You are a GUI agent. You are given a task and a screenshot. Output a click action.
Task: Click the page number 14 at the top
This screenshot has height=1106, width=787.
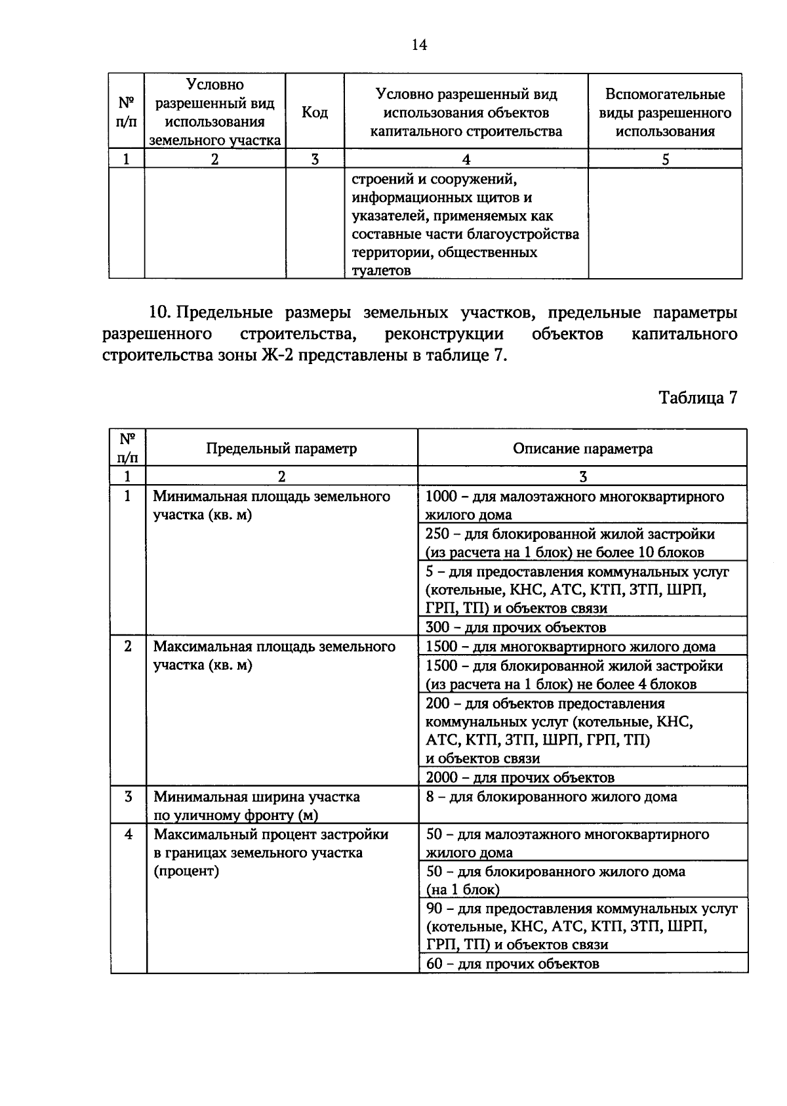pos(419,45)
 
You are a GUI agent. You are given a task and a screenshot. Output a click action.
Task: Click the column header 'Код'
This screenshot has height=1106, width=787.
pos(314,112)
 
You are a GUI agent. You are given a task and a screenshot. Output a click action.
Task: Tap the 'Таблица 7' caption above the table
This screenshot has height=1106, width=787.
pos(698,398)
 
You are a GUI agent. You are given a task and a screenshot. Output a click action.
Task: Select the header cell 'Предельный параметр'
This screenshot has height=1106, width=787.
pos(281,449)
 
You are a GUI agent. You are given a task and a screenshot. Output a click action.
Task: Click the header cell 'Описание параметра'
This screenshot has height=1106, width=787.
pos(582,449)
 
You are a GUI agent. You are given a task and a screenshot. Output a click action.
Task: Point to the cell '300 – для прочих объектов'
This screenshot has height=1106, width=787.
pos(515,628)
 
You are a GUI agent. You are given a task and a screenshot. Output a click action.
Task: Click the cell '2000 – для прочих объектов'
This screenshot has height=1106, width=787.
pos(519,778)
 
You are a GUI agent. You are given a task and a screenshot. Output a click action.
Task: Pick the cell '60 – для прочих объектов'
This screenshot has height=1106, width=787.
pos(512,964)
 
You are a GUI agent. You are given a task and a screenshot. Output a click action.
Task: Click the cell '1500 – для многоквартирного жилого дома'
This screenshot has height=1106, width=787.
pos(570,647)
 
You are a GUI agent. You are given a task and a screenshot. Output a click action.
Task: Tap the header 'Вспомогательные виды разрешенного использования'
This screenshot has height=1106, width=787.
pos(665,112)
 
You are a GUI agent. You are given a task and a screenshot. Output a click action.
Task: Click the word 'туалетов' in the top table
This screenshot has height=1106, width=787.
pos(381,270)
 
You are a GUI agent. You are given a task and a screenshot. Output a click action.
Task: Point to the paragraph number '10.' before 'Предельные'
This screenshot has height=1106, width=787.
pos(160,313)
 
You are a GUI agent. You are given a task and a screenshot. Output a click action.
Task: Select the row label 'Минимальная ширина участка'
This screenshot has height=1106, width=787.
pos(256,797)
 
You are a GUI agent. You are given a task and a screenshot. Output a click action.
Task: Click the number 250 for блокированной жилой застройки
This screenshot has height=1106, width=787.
pos(437,534)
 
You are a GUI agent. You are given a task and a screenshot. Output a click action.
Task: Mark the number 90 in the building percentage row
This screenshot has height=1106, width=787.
pos(434,909)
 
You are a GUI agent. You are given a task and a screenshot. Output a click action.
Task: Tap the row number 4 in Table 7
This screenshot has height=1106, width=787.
pos(128,834)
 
